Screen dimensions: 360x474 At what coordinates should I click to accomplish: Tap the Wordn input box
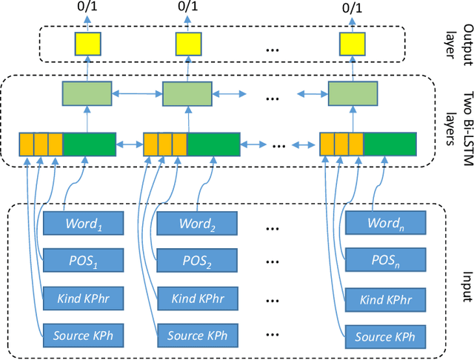pos(386,223)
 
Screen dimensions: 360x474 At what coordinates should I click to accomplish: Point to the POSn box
pos(386,260)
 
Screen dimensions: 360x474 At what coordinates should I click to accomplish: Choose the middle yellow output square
pos(187,46)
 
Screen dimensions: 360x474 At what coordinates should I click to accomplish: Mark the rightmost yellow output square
pos(351,46)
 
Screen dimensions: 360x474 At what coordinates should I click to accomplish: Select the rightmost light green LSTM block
pos(351,93)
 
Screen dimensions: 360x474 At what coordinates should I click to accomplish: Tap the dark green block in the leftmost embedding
pos(90,145)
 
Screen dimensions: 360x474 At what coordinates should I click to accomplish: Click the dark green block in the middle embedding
pos(213,145)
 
